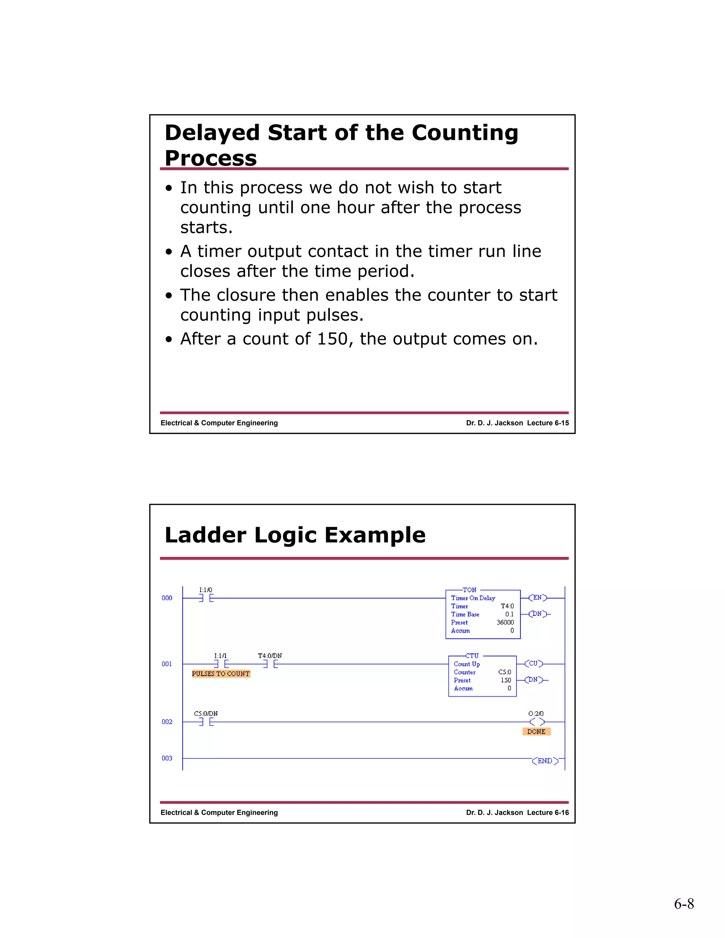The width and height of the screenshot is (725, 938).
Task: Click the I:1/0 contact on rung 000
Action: pos(206,598)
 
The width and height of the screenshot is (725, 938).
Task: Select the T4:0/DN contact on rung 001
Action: pos(270,664)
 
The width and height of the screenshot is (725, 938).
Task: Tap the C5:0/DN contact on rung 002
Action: pos(206,722)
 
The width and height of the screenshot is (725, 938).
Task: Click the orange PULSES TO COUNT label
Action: pos(221,674)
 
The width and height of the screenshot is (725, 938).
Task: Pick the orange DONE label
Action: pos(536,731)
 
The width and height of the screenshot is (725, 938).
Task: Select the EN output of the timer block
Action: pos(537,597)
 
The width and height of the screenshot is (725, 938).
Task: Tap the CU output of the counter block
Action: pos(533,664)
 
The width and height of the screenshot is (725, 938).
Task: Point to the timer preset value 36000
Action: pos(505,622)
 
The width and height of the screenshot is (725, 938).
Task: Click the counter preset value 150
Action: pos(506,680)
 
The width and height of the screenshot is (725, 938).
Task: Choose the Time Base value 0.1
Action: pos(509,614)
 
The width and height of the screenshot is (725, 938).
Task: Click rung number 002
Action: pos(167,722)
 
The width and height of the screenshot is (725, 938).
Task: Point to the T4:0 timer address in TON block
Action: pos(507,606)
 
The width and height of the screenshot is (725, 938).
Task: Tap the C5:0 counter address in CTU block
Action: pos(505,672)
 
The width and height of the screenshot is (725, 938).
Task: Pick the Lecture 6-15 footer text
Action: pos(548,423)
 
